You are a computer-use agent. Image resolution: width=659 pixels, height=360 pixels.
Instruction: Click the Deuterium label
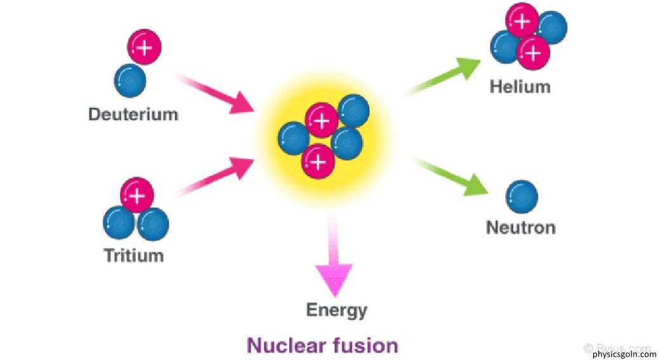pyautogui.click(x=133, y=115)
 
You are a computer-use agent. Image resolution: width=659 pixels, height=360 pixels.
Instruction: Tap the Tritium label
pyautogui.click(x=134, y=255)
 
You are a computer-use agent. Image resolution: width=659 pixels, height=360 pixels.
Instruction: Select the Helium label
pyautogui.click(x=519, y=86)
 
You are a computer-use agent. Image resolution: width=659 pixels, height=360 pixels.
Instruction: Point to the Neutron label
pyautogui.click(x=521, y=227)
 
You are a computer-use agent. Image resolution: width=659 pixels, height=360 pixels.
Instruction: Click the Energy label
pyautogui.click(x=337, y=310)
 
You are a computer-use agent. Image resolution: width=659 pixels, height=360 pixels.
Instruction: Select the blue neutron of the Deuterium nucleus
pyautogui.click(x=130, y=80)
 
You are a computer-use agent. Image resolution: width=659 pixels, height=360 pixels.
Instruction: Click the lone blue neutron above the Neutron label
pyautogui.click(x=521, y=196)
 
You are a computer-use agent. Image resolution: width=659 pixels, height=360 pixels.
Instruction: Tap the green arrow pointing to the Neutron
pyautogui.click(x=450, y=174)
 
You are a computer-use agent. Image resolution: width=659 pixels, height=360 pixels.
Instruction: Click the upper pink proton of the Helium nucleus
pyautogui.click(x=521, y=22)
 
